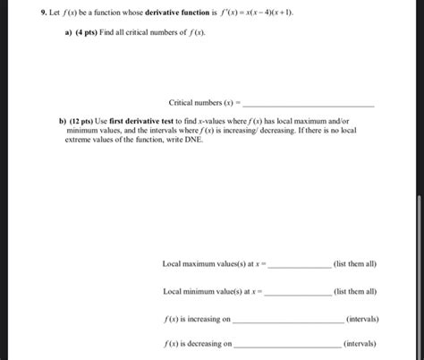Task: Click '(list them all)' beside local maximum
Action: click(354, 264)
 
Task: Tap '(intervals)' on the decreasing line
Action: click(360, 343)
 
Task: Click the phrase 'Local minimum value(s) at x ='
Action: click(213, 291)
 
